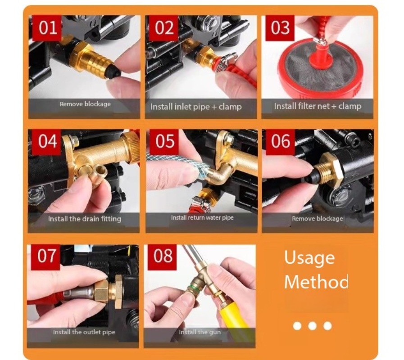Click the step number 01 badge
point(47,28)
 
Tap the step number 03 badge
point(280,28)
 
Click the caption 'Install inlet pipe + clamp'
point(196,107)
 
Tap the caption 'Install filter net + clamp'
point(318,106)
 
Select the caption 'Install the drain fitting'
point(85,219)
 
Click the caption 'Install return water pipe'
point(202,218)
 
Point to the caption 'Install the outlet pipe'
point(84,332)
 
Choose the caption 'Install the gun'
point(200,332)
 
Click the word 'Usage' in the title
point(309,258)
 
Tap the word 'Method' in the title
point(316,281)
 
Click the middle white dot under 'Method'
point(312,326)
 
